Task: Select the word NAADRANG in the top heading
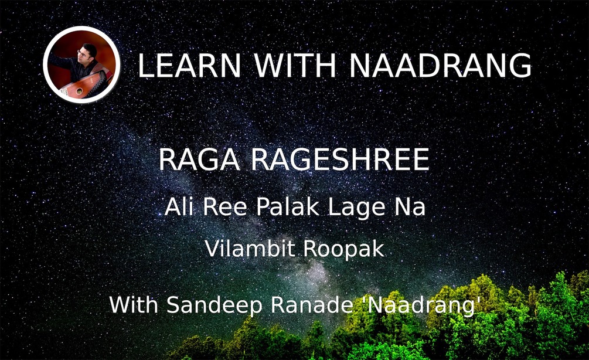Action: point(440,65)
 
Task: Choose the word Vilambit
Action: point(250,249)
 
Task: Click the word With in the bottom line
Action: point(134,304)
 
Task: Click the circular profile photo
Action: point(81,65)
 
